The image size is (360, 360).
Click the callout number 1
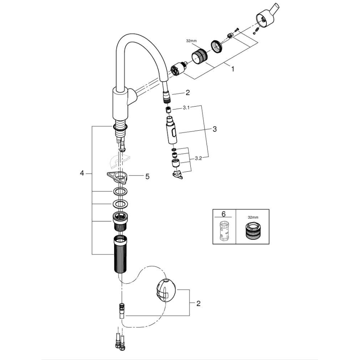pos(233,69)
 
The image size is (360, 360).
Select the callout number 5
pos(146,176)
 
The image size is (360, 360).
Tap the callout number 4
pos(82,173)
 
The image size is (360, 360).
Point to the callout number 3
pos(214,129)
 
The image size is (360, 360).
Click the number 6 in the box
pos(224,214)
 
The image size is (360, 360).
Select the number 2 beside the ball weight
pos(198,304)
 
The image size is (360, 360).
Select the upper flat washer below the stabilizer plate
pos(120,192)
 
